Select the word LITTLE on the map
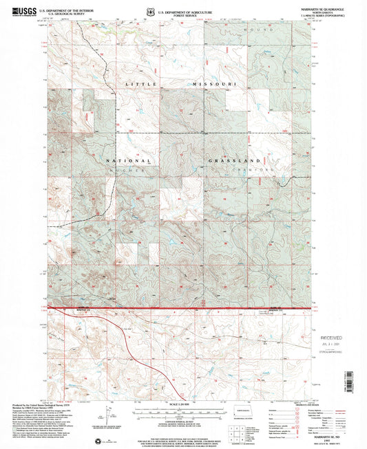pyautogui.click(x=139, y=84)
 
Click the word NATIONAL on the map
pyautogui.click(x=125, y=160)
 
